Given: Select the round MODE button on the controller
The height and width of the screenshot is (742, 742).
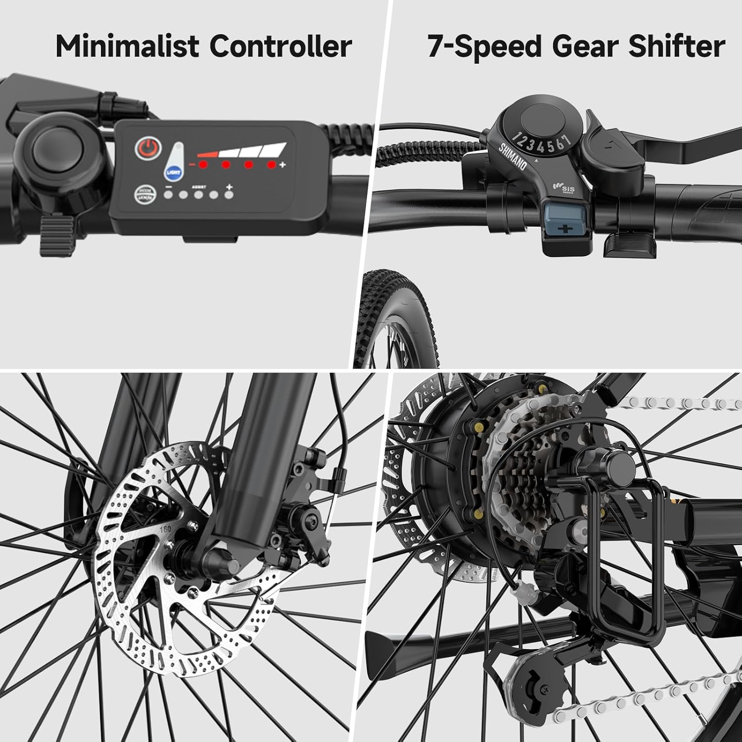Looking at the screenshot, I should click(x=143, y=194).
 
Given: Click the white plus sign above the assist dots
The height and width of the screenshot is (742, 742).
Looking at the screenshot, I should click(x=229, y=186).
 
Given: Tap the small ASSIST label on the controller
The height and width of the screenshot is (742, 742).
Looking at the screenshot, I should click(x=199, y=187).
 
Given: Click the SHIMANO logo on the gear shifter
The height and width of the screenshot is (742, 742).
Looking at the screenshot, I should click(x=512, y=156).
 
